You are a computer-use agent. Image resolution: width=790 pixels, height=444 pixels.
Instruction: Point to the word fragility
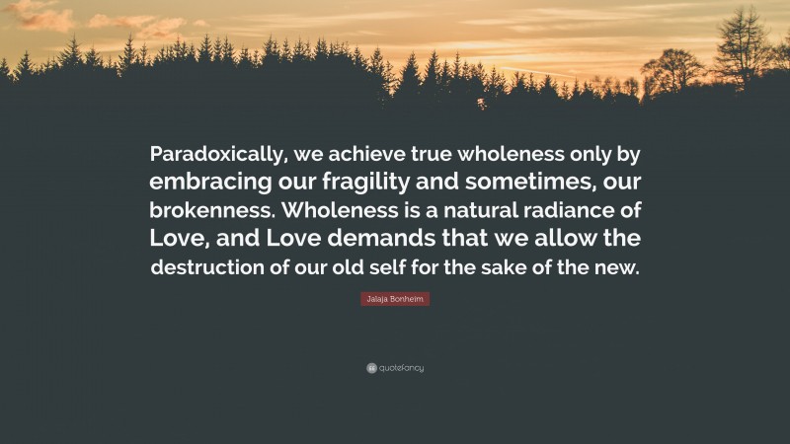[x=371, y=184]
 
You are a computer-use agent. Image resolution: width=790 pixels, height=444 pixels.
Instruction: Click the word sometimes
[x=532, y=184]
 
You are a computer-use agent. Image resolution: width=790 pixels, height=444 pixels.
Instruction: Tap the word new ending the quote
[x=620, y=268]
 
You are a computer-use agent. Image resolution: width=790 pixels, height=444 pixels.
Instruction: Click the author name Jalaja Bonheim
[x=394, y=298]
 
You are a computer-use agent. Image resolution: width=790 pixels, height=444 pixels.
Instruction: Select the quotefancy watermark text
[x=401, y=368]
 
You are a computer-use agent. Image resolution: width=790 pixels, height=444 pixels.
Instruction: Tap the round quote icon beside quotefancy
[x=370, y=368]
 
